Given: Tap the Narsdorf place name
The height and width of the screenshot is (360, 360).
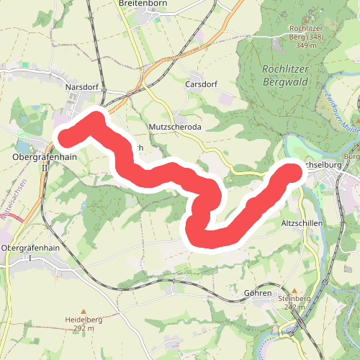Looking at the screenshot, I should coord(81,86).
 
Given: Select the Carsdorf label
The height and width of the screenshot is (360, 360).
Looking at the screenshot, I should coord(200,84).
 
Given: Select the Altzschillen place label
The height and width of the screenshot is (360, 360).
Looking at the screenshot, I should coord(301,225).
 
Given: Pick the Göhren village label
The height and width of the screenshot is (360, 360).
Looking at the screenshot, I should coord(258,293).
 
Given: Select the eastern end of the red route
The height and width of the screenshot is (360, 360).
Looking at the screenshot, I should coord(291,171).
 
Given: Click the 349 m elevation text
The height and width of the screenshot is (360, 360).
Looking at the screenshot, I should coord(306,45).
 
